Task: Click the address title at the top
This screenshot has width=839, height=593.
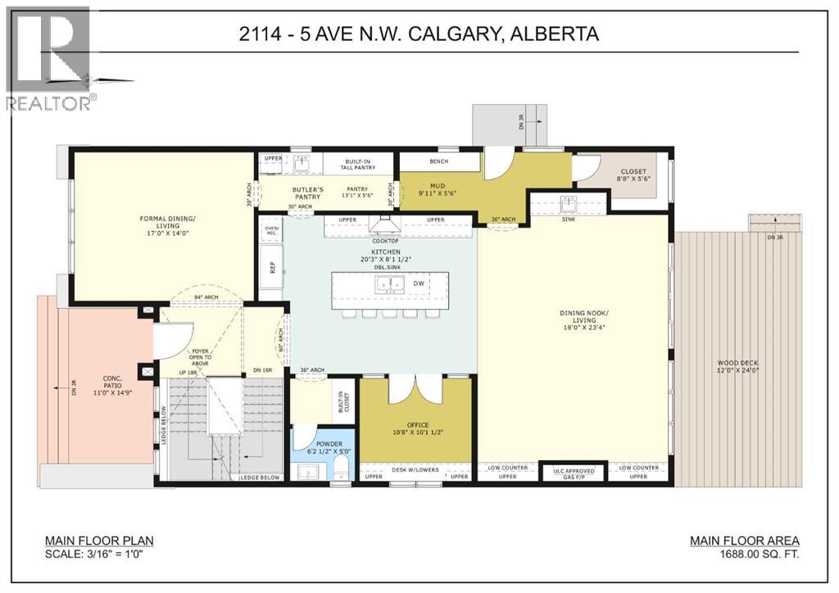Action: coord(419,34)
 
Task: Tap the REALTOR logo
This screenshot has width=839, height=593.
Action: coord(49,57)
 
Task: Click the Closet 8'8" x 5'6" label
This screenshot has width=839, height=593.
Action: coord(633,175)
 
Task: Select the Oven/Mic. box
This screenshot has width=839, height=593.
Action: coord(270,232)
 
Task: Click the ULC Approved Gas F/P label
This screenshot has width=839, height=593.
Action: coord(574,473)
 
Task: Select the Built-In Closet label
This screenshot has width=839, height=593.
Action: coord(344,399)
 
